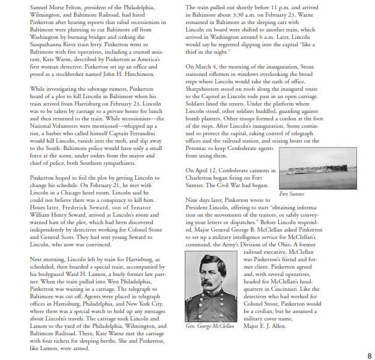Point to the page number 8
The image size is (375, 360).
pos(369,356)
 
